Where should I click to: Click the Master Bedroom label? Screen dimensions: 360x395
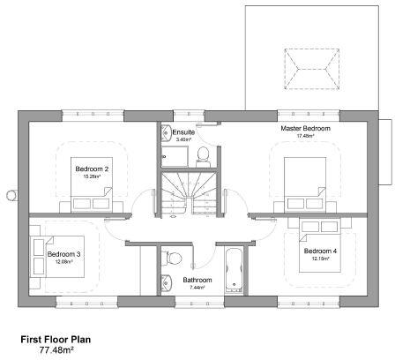305,129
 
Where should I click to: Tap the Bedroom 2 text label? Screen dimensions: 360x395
91,169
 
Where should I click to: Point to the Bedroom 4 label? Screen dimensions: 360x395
320,251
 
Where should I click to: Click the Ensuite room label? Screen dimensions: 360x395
183,132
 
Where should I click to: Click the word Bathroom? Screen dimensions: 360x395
197,280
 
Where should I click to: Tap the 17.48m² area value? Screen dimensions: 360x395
305,137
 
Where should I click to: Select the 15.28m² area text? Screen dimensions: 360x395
91,176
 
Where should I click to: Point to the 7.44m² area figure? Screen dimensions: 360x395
197,288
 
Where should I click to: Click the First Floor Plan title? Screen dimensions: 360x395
55,338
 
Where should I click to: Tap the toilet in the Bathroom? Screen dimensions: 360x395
174,258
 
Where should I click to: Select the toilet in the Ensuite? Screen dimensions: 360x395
203,155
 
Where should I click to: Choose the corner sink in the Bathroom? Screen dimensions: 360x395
166,283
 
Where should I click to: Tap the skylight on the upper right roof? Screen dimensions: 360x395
308,65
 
